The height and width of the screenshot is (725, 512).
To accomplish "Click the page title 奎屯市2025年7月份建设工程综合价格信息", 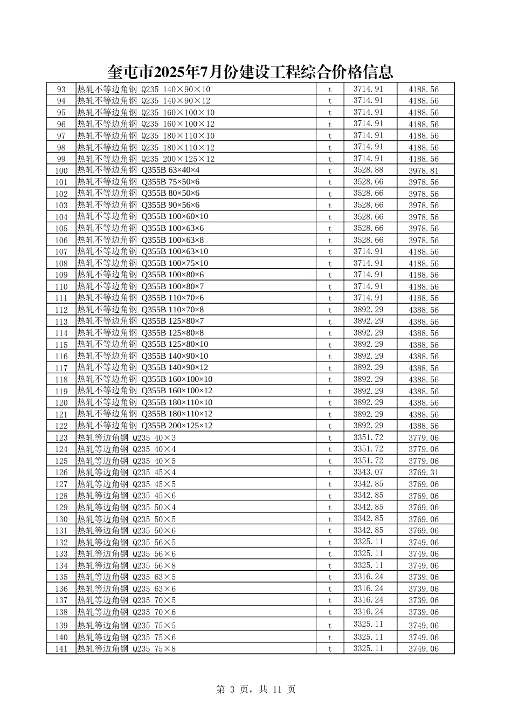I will [250, 72].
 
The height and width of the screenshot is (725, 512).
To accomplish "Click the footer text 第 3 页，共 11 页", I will [255, 689].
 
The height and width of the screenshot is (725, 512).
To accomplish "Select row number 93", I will [61, 90].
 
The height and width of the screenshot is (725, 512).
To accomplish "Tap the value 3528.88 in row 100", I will [368, 170].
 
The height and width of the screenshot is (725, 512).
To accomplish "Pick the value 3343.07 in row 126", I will [368, 473].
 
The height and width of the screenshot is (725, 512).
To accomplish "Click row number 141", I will [61, 649].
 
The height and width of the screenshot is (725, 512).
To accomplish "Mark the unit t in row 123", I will [330, 438].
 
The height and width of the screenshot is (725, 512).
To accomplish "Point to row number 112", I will [61, 310].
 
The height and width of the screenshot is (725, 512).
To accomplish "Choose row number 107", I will [61, 252].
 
